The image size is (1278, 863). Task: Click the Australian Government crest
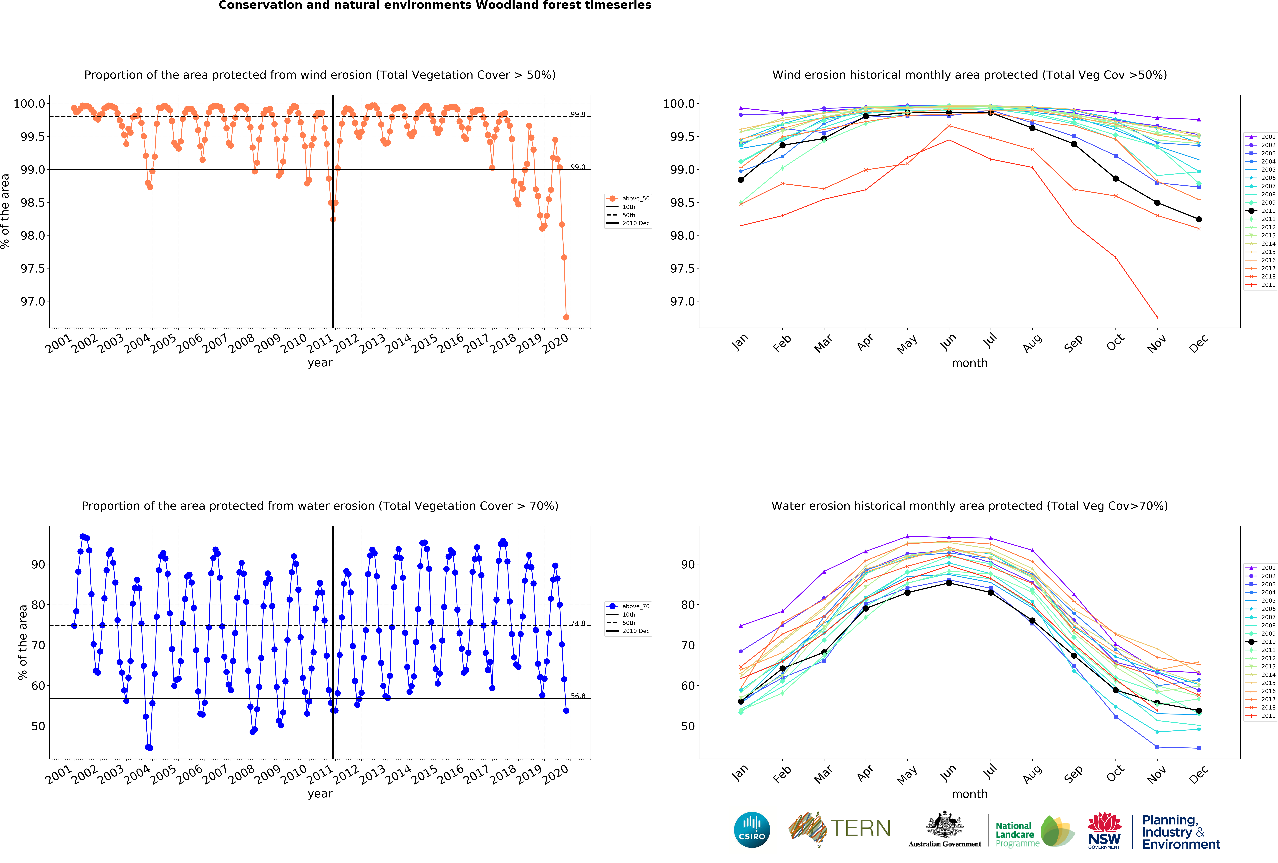(944, 824)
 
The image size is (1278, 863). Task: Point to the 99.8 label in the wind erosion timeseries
(577, 114)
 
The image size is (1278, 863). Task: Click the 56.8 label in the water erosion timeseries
(577, 696)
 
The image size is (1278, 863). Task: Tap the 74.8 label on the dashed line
(577, 623)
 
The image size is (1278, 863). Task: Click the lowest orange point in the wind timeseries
(566, 317)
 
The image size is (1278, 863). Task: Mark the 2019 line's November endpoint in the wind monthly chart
(1157, 317)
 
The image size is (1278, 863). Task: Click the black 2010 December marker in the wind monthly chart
(1199, 219)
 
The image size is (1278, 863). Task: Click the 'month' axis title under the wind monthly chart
(969, 363)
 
